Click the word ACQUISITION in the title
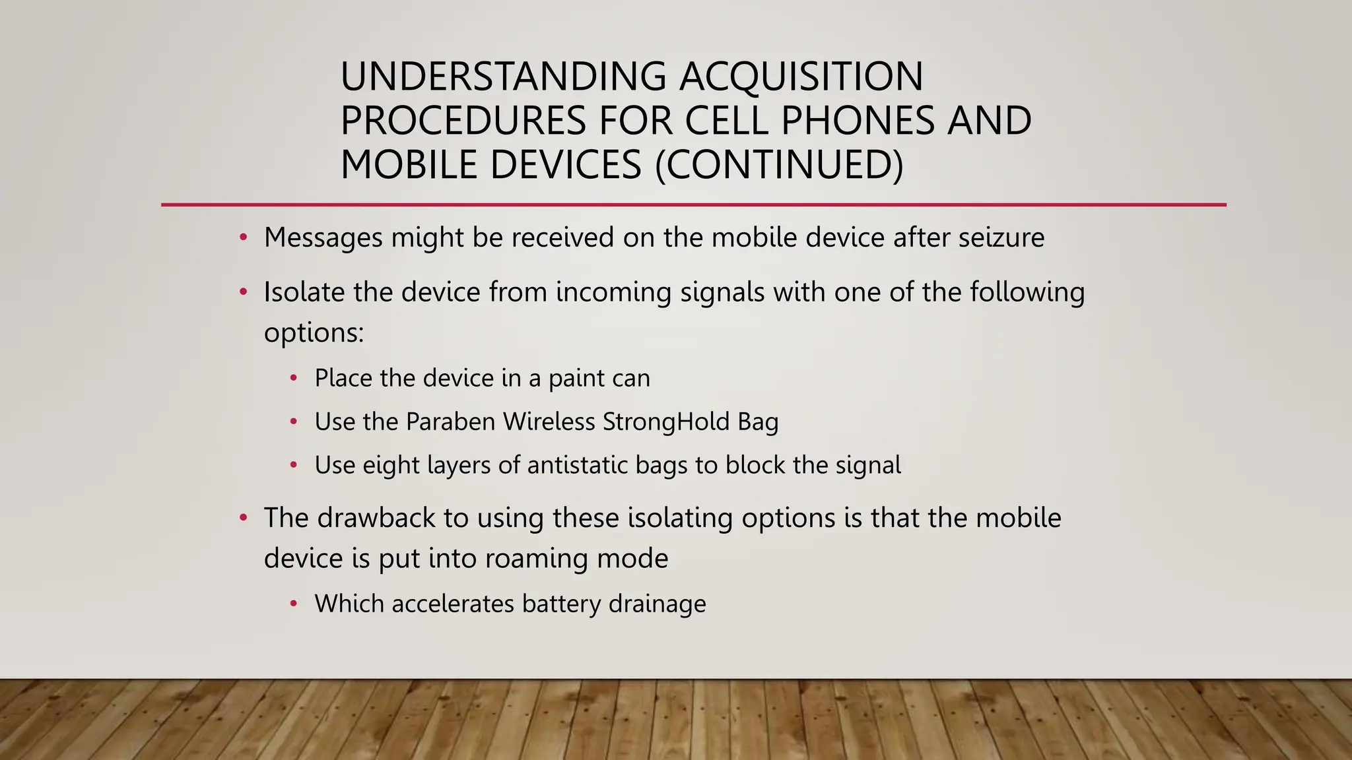pos(801,77)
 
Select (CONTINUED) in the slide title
pos(778,165)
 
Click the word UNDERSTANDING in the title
pos(503,77)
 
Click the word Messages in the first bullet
pos(323,237)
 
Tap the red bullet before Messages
pos(243,237)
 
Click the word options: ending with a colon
pos(314,332)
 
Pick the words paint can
pos(599,379)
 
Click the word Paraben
pos(450,422)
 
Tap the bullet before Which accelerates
pos(294,604)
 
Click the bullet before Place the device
pos(294,378)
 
